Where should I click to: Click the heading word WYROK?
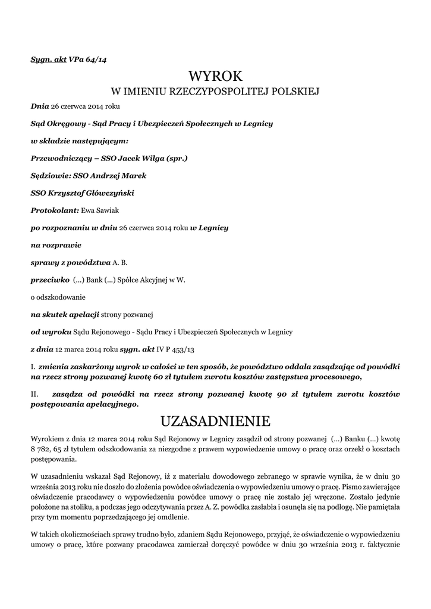point(215,76)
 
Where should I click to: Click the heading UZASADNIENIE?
point(215,422)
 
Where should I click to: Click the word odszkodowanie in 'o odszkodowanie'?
point(61,296)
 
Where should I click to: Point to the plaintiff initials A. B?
point(120,262)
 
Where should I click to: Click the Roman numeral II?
point(34,394)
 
